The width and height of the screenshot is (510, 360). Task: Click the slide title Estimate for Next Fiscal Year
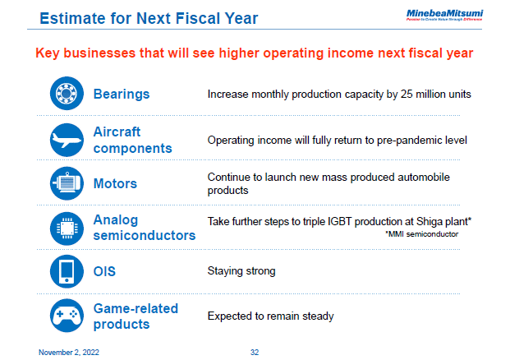pyautogui.click(x=149, y=18)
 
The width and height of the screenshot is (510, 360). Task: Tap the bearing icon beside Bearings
pyautogui.click(x=65, y=94)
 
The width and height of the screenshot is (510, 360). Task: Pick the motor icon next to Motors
pyautogui.click(x=65, y=183)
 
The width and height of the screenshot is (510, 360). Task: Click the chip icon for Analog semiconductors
pyautogui.click(x=65, y=227)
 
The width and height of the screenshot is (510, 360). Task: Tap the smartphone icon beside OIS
pyautogui.click(x=65, y=271)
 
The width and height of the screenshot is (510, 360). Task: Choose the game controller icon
pyautogui.click(x=65, y=316)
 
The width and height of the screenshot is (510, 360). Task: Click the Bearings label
pyautogui.click(x=122, y=94)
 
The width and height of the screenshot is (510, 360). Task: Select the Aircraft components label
pyautogui.click(x=132, y=140)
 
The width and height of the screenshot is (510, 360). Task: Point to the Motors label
pyautogui.click(x=115, y=183)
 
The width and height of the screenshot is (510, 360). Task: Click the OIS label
pyautogui.click(x=104, y=271)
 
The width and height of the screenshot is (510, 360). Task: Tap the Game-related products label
pyautogui.click(x=135, y=316)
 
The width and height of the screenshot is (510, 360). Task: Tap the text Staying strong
pyautogui.click(x=241, y=271)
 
